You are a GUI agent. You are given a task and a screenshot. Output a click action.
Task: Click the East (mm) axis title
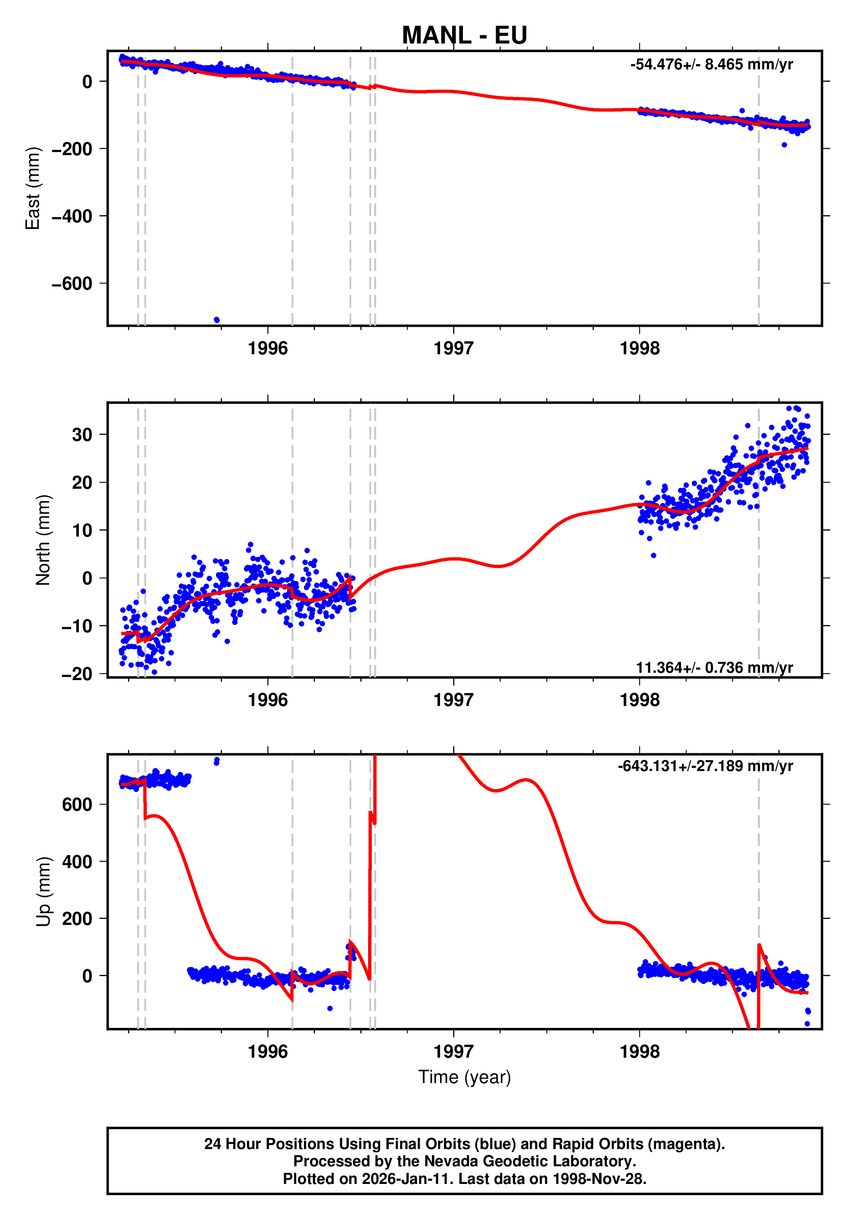[x=33, y=188]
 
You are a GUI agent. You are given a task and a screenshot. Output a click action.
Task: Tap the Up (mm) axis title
[x=43, y=892]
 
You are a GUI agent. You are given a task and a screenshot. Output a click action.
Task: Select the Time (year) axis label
[x=464, y=1077]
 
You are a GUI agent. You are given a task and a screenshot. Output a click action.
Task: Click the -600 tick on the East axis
[x=72, y=284]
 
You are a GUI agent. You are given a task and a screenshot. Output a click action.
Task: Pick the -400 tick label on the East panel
[x=72, y=216]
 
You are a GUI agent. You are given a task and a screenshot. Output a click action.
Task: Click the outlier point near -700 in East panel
[x=216, y=320]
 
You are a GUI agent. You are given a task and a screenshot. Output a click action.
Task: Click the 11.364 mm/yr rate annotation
[x=714, y=668]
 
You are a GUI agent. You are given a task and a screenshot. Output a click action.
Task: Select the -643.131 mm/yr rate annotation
[x=705, y=766]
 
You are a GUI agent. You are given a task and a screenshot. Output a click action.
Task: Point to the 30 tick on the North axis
[x=82, y=435]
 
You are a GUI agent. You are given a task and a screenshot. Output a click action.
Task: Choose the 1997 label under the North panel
[x=453, y=700]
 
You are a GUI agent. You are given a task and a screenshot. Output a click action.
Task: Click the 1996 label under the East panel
[x=267, y=349]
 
